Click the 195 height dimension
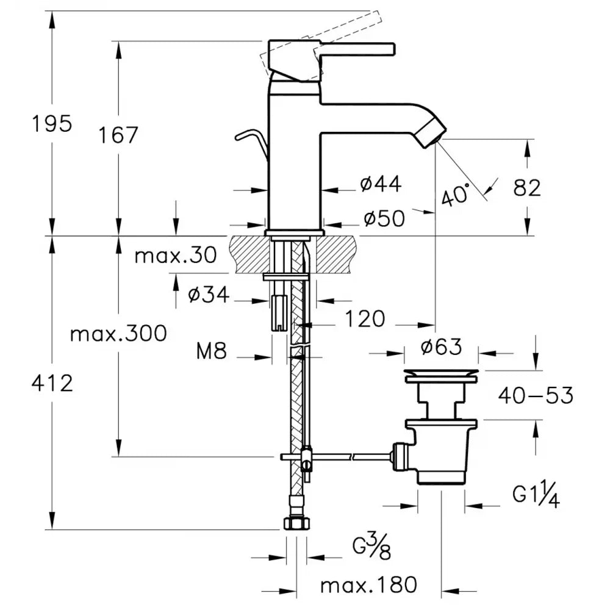pos(52,123)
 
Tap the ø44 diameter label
pos(381,184)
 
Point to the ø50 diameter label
pos(384,218)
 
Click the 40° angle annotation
pos(456,195)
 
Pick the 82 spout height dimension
pos(527,188)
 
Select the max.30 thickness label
pos(176,255)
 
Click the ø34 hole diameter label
pos(209,295)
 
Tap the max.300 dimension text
pos(118,334)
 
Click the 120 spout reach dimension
pos(365,318)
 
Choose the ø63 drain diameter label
pos(440,348)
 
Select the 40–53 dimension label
pos(536,396)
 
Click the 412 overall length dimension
pos(52,383)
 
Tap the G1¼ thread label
pos(536,495)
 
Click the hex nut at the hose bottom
pos(297,523)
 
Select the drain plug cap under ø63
pos(441,373)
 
